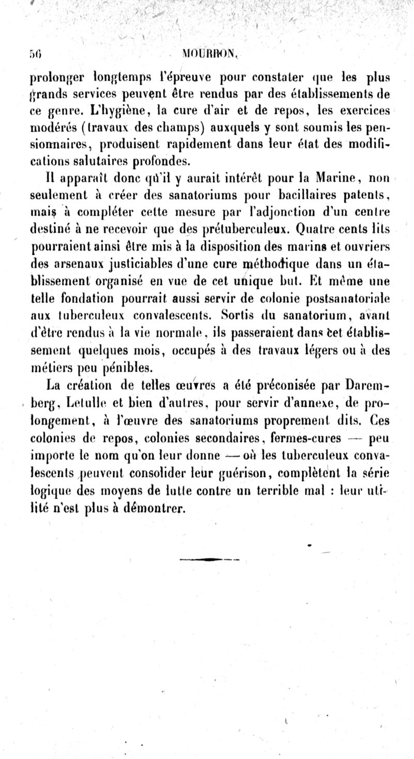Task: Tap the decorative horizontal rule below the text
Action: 209,559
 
